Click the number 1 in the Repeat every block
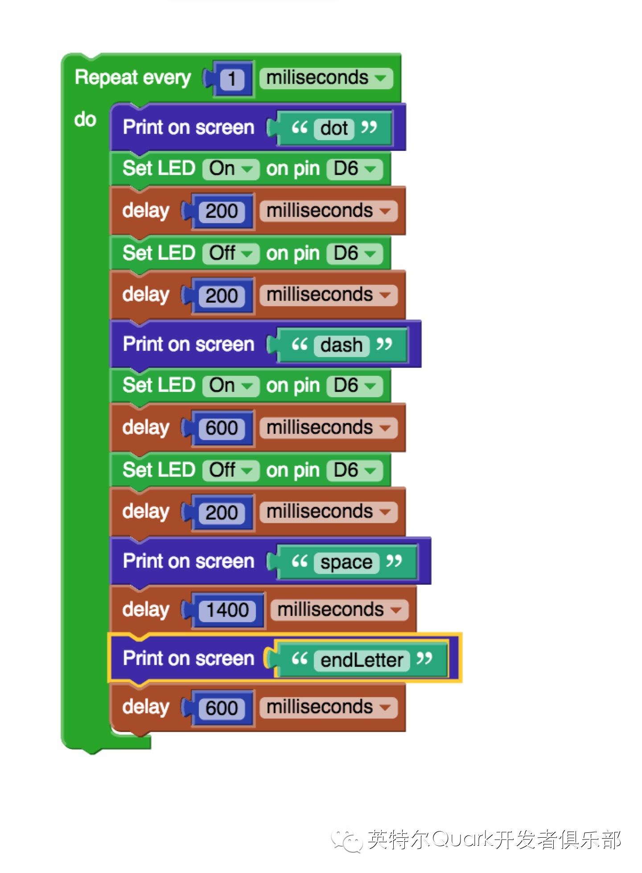point(232,79)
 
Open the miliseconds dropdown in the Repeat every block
point(326,78)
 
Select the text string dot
point(334,129)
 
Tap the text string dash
point(342,345)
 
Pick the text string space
point(346,562)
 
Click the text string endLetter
point(362,660)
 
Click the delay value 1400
point(227,610)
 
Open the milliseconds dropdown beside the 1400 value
point(339,610)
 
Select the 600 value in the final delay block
point(222,708)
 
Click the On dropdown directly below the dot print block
point(230,169)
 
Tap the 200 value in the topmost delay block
point(222,211)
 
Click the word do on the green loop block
point(85,120)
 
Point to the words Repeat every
point(133,78)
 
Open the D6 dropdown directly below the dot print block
point(354,169)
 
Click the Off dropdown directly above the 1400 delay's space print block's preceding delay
point(230,470)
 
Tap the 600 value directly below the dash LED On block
point(222,428)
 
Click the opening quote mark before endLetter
point(300,658)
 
